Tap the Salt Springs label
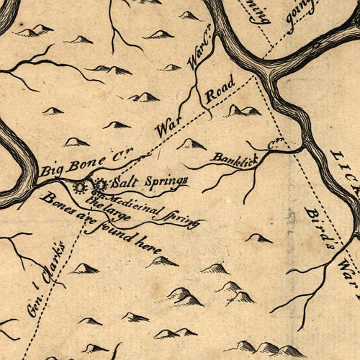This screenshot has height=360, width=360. (149, 180)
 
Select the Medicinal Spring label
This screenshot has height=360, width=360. (151, 209)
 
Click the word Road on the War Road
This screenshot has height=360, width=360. (217, 94)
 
